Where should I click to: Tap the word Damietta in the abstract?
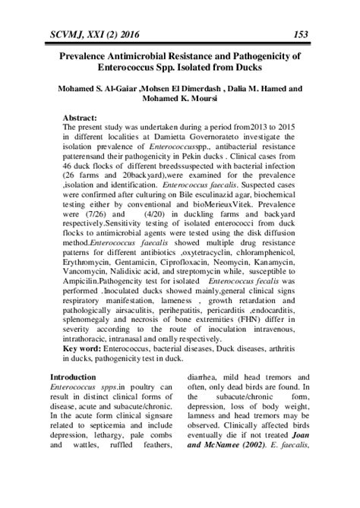[175, 141]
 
